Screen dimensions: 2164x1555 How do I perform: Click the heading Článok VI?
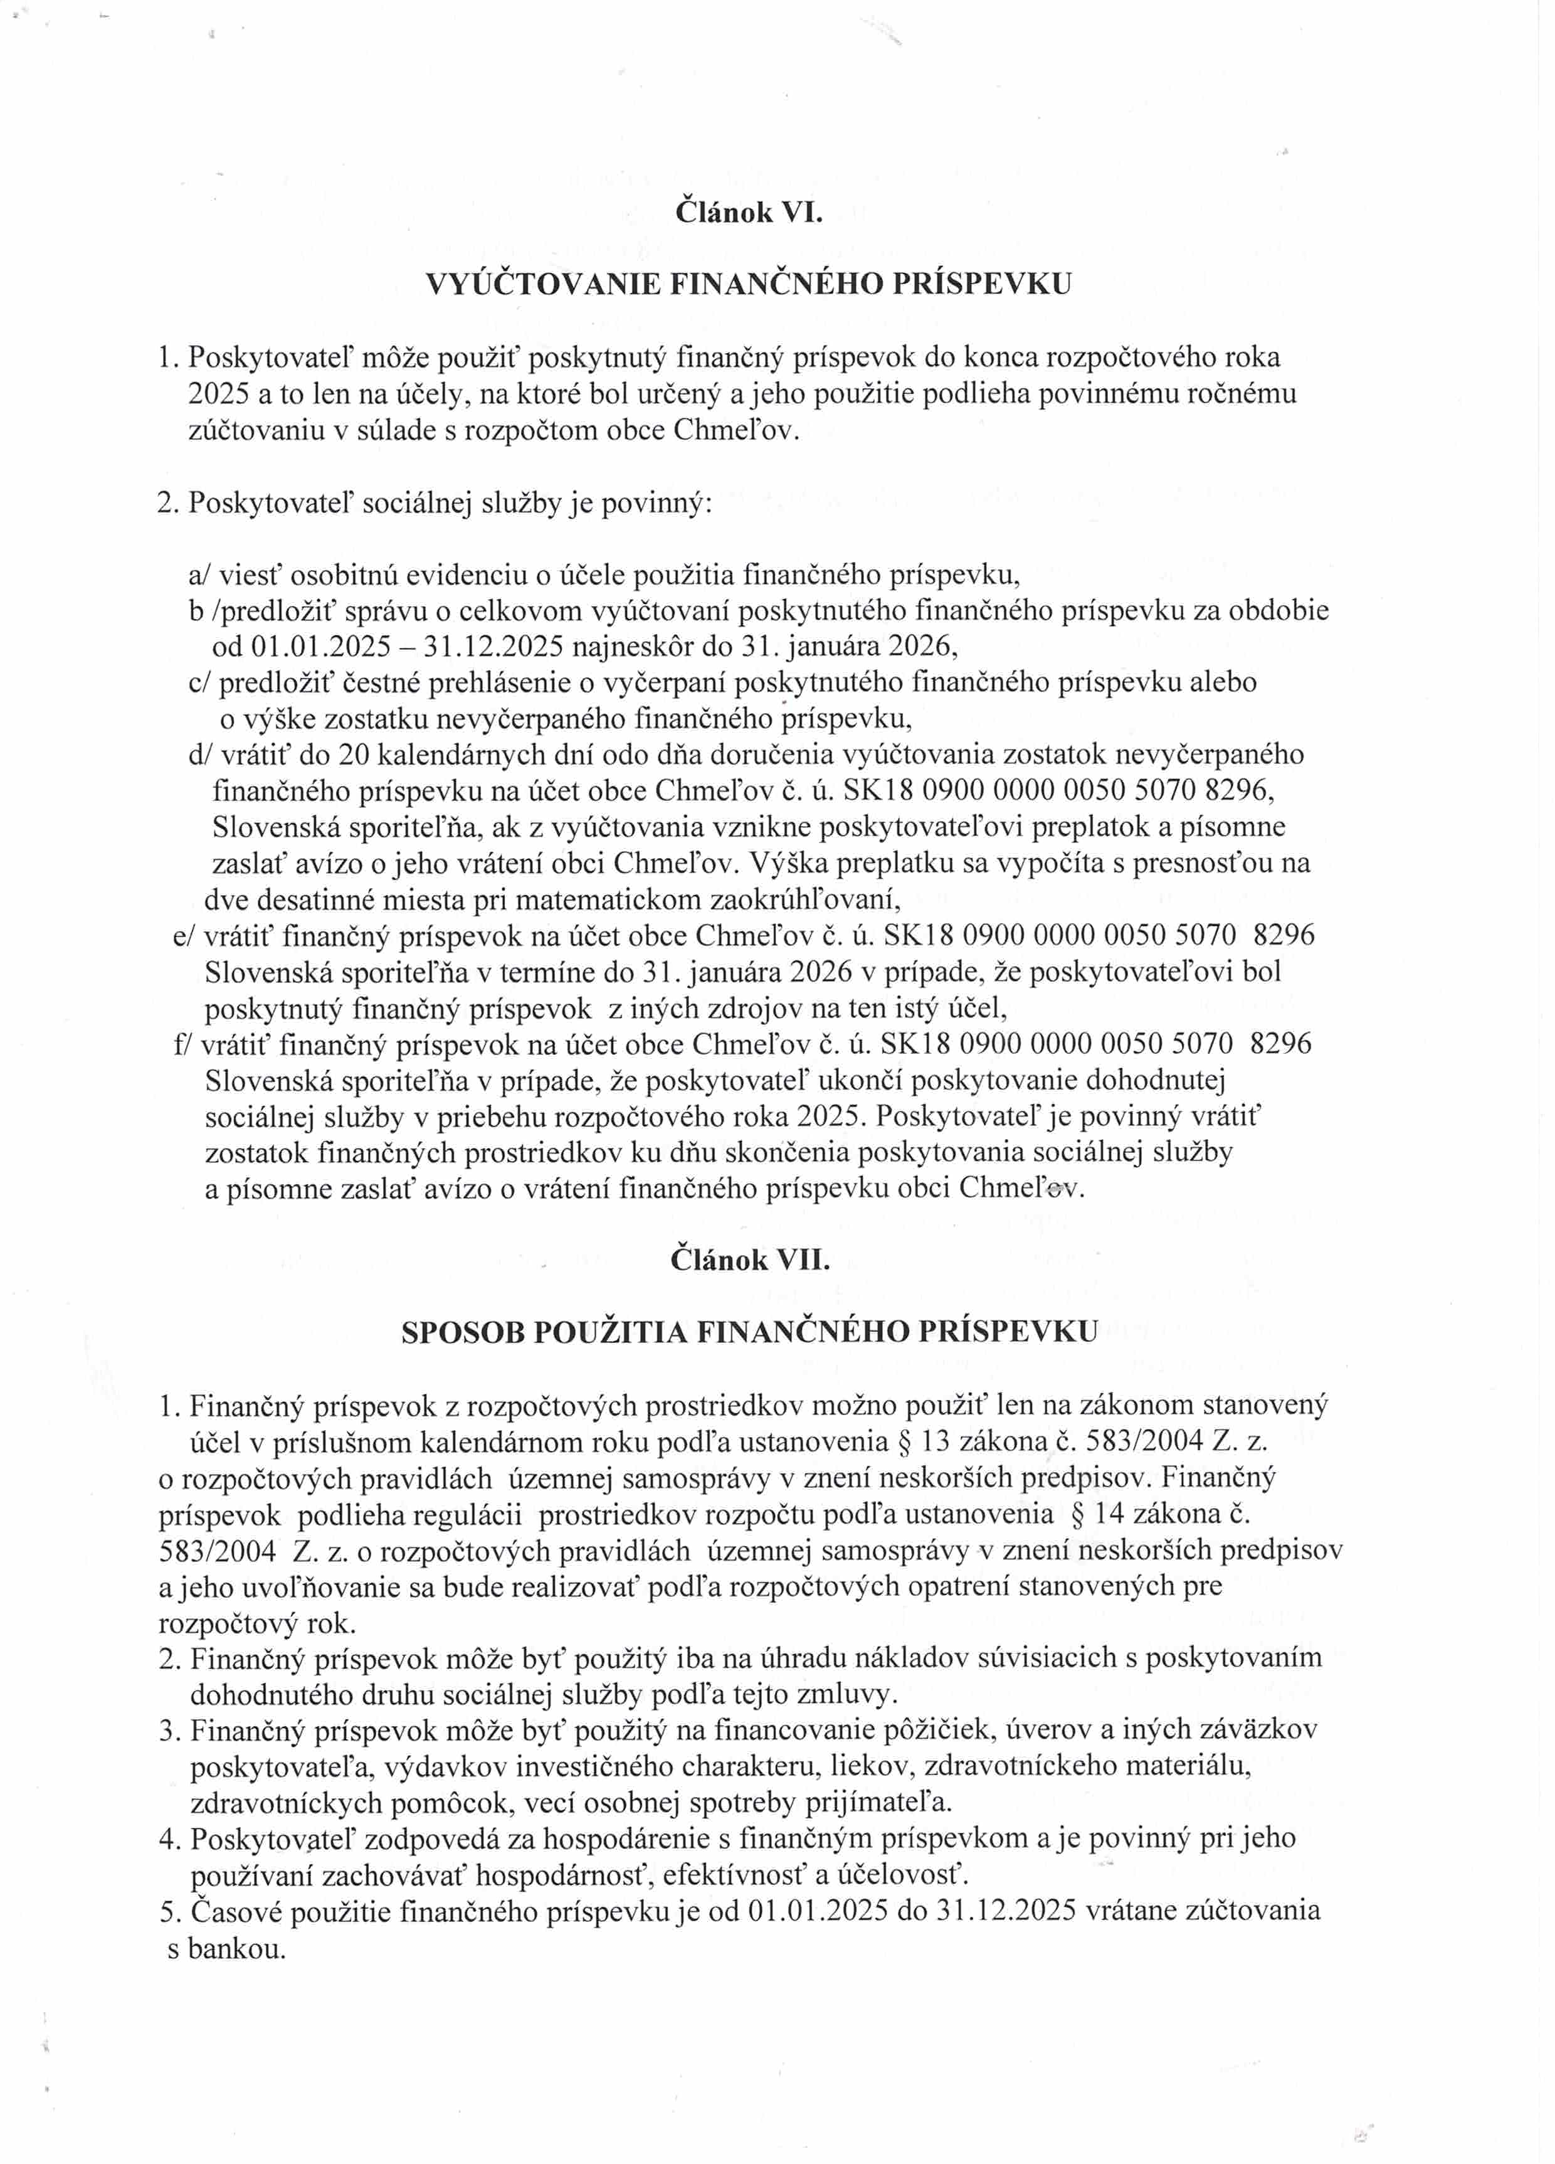click(x=748, y=211)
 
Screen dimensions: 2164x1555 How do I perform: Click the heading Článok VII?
click(x=749, y=1260)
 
